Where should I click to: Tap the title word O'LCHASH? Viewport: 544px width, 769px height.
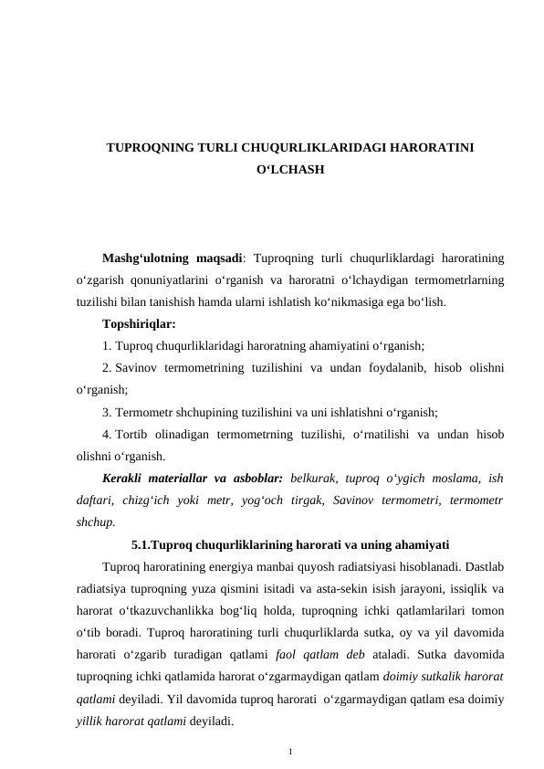289,171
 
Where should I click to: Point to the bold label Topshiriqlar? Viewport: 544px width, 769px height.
139,324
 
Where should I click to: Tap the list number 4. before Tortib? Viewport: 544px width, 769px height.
108,434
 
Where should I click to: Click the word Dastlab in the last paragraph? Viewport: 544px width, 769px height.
484,566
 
